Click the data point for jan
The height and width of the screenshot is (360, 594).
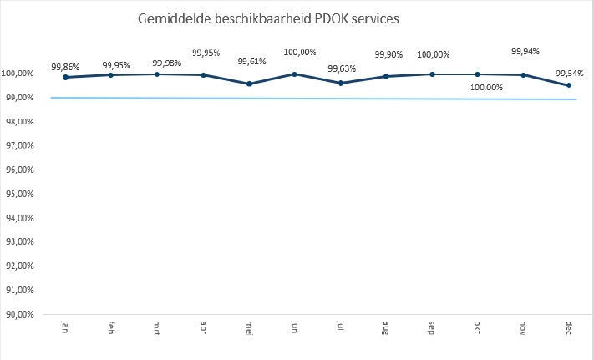(x=65, y=77)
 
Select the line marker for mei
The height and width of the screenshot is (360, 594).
(x=249, y=84)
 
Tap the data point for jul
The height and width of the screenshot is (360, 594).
(x=340, y=83)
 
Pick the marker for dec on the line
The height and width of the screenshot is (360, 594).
(x=569, y=85)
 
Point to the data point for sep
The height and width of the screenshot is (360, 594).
(x=432, y=74)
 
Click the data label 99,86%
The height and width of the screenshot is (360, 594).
(x=65, y=66)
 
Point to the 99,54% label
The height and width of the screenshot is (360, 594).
(x=569, y=74)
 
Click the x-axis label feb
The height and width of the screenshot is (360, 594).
(x=111, y=326)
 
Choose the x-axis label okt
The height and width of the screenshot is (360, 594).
(x=477, y=326)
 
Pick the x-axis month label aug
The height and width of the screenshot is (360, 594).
(x=386, y=326)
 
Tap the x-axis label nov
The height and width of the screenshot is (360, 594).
(x=523, y=326)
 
